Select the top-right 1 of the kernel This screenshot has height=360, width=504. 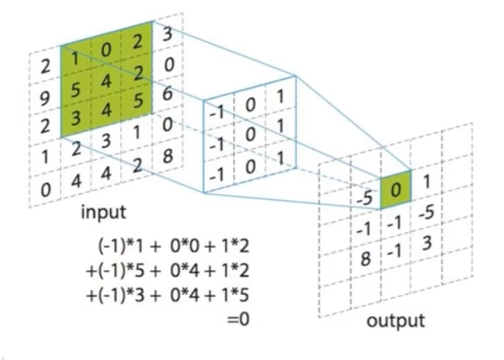278,99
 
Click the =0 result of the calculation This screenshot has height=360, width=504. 240,318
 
